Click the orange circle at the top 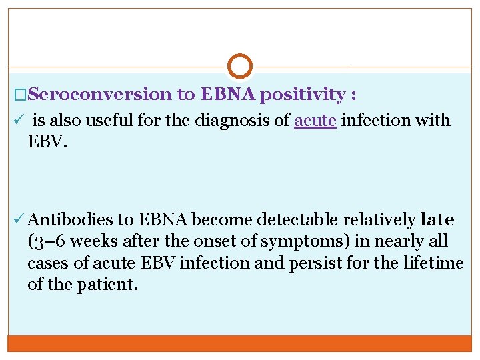[x=240, y=66]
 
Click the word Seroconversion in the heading [x=100, y=95]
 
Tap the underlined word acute [x=315, y=121]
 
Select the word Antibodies [x=70, y=219]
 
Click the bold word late [x=437, y=219]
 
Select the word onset [x=227, y=241]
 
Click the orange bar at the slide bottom [x=240, y=343]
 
